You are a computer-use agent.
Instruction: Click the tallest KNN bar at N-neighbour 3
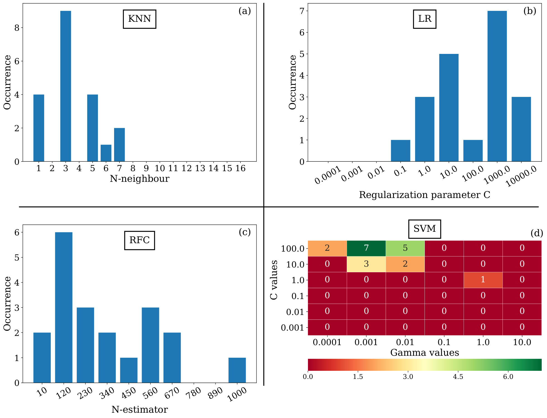66,86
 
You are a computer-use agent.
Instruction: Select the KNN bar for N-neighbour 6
106,153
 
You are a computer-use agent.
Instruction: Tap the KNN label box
139,19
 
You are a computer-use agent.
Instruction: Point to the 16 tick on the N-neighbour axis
240,168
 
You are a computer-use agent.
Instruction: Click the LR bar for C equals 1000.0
497,86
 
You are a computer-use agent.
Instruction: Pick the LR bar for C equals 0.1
401,151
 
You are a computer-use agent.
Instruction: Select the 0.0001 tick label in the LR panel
328,175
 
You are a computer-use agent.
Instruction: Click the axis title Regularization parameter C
425,195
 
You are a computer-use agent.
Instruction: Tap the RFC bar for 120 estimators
64,307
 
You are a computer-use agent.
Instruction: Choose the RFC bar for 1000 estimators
237,370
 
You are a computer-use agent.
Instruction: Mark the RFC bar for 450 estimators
129,370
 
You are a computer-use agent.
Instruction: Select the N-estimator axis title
139,410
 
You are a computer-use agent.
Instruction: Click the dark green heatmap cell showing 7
366,248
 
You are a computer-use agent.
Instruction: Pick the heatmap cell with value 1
483,280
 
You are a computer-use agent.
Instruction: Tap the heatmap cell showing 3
366,264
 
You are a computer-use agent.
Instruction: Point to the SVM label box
425,229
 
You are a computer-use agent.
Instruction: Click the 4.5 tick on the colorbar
458,377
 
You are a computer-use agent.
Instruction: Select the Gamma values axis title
425,353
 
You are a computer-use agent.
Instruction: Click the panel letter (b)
530,11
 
